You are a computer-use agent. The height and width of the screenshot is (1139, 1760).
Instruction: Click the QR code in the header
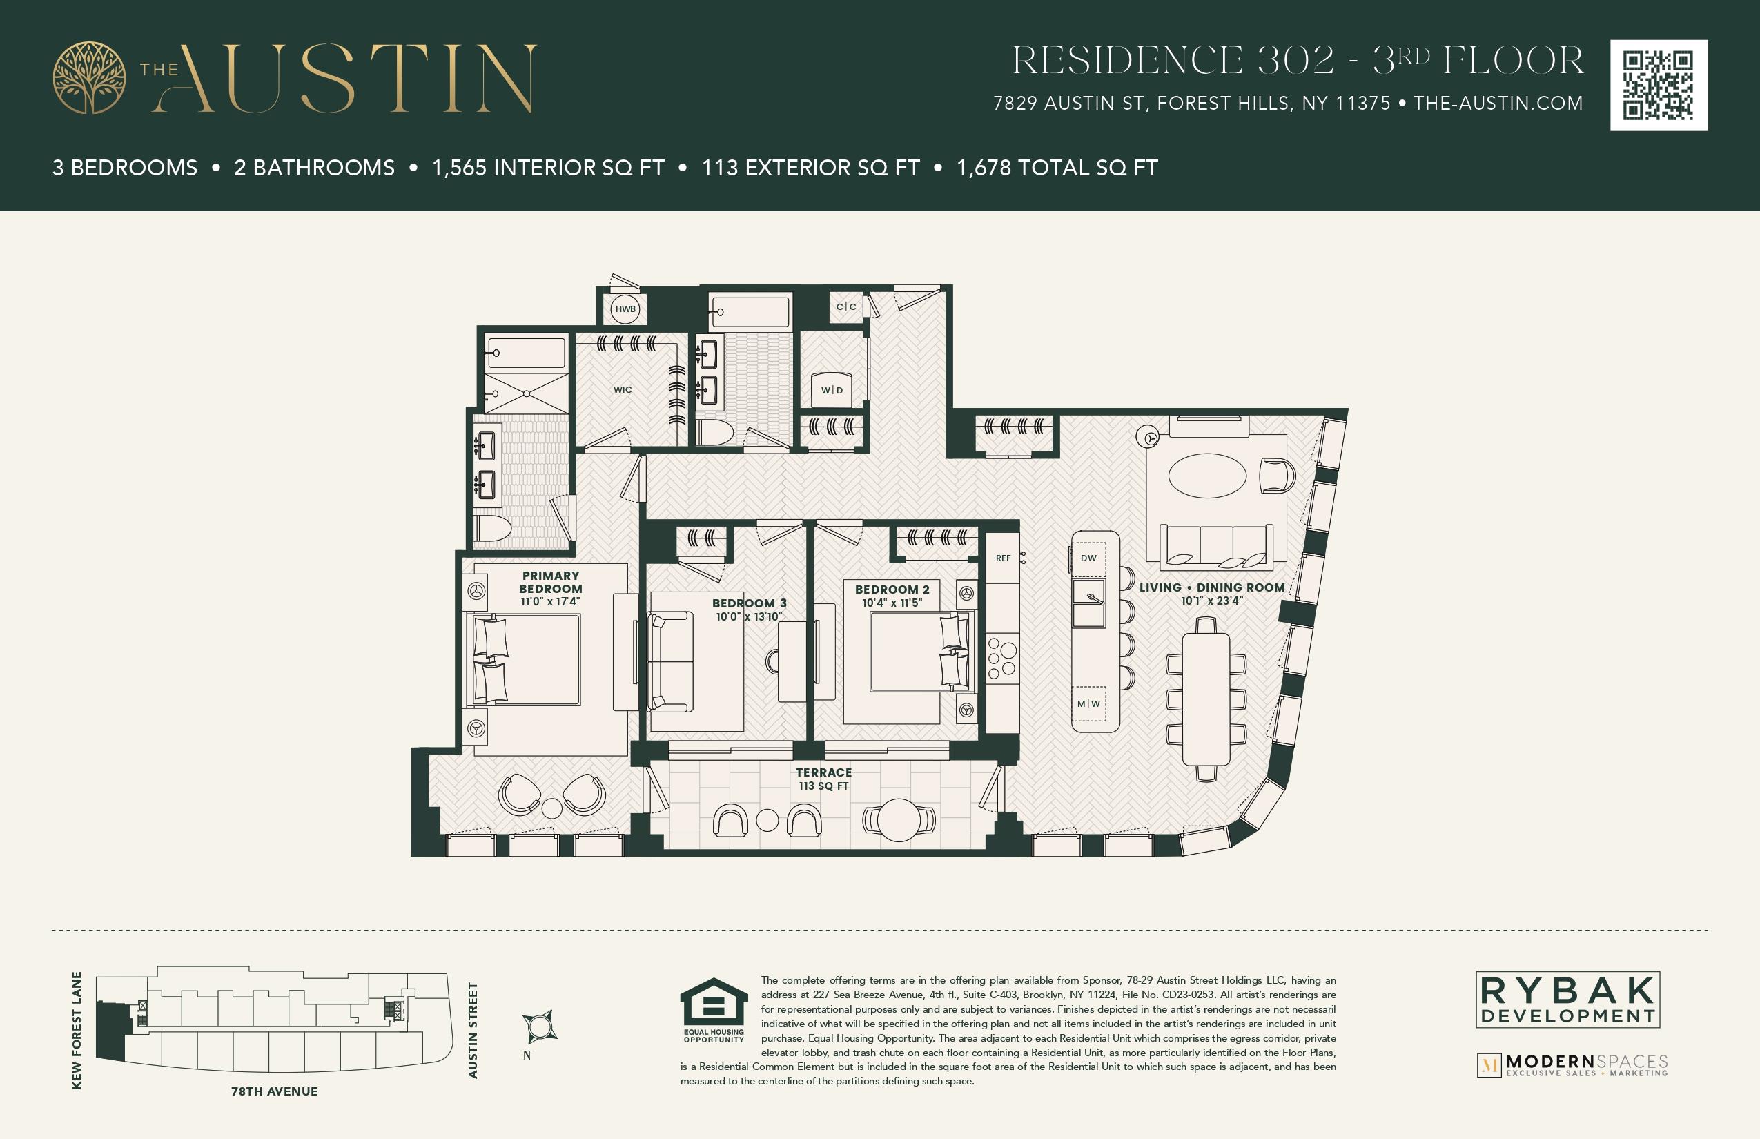tap(1659, 85)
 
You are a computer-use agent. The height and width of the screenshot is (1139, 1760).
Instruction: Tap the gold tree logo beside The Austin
tap(89, 77)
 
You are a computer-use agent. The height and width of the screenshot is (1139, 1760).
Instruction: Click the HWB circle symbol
tap(625, 309)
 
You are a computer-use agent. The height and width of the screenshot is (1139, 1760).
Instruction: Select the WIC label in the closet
tap(623, 390)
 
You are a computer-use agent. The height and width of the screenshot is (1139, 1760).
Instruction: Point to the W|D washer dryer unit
tap(832, 390)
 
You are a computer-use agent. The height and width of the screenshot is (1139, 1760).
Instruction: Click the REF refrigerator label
tap(1003, 558)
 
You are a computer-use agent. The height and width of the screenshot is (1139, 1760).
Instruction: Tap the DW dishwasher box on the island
tap(1088, 558)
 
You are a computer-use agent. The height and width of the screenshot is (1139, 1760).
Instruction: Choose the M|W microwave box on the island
tap(1088, 703)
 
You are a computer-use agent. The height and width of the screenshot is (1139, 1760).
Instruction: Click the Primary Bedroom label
tap(551, 582)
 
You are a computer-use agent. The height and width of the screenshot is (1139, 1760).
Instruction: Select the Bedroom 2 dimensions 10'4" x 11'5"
tap(892, 603)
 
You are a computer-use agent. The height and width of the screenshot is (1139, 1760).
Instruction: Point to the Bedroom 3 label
tap(749, 603)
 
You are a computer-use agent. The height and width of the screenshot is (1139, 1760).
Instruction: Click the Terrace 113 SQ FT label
tap(824, 779)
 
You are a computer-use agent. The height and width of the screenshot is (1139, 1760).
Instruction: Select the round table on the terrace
tap(899, 819)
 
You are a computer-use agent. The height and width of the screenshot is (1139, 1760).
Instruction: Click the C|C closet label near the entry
tap(846, 306)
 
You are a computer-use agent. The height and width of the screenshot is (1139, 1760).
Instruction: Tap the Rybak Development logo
tap(1567, 1000)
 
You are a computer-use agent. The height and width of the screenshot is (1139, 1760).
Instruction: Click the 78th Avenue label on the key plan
tap(275, 1091)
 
